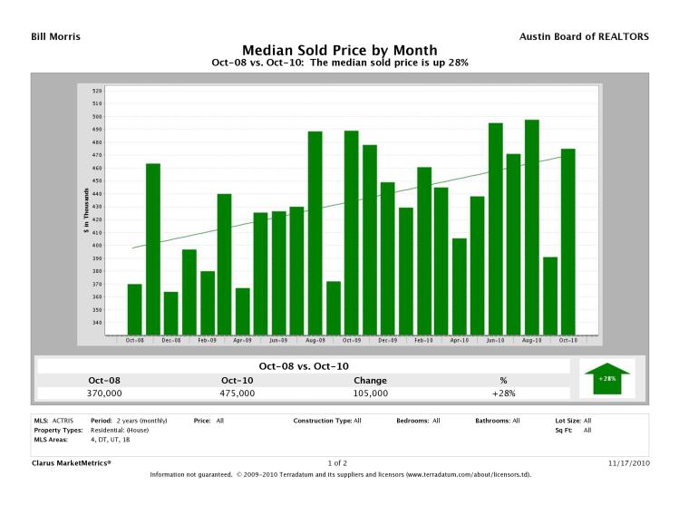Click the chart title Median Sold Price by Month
[339, 50]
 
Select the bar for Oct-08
[134, 309]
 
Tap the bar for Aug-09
[315, 233]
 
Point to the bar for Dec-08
[170, 313]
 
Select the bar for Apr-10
[460, 287]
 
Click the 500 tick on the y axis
[97, 117]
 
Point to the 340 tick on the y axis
[97, 323]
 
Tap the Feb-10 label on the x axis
[423, 340]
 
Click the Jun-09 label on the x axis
[279, 340]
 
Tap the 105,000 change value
[371, 394]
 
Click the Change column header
[371, 380]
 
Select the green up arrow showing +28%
[607, 377]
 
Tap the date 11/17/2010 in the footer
[627, 463]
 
